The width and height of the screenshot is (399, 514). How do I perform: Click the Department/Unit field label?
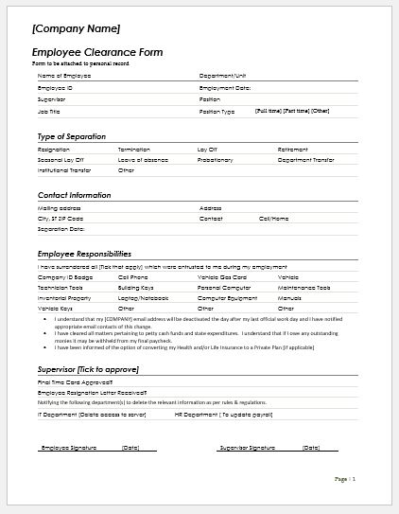[x=222, y=75]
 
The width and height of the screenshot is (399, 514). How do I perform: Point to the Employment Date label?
[x=225, y=87]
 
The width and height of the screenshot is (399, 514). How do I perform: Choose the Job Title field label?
[x=48, y=111]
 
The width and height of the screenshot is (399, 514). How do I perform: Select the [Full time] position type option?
[x=269, y=111]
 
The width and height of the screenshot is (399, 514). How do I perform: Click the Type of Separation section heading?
[x=72, y=136]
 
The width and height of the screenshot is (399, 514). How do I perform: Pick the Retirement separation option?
[x=293, y=150]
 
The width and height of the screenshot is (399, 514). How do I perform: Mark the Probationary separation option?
[x=216, y=160]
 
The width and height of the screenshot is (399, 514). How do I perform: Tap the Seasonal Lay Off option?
[x=60, y=160]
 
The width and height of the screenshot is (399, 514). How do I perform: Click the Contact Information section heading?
[x=75, y=195]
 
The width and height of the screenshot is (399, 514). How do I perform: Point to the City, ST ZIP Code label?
[x=61, y=218]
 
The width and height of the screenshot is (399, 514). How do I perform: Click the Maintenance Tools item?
[x=304, y=287]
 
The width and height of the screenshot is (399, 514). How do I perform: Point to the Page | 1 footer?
[x=345, y=480]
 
